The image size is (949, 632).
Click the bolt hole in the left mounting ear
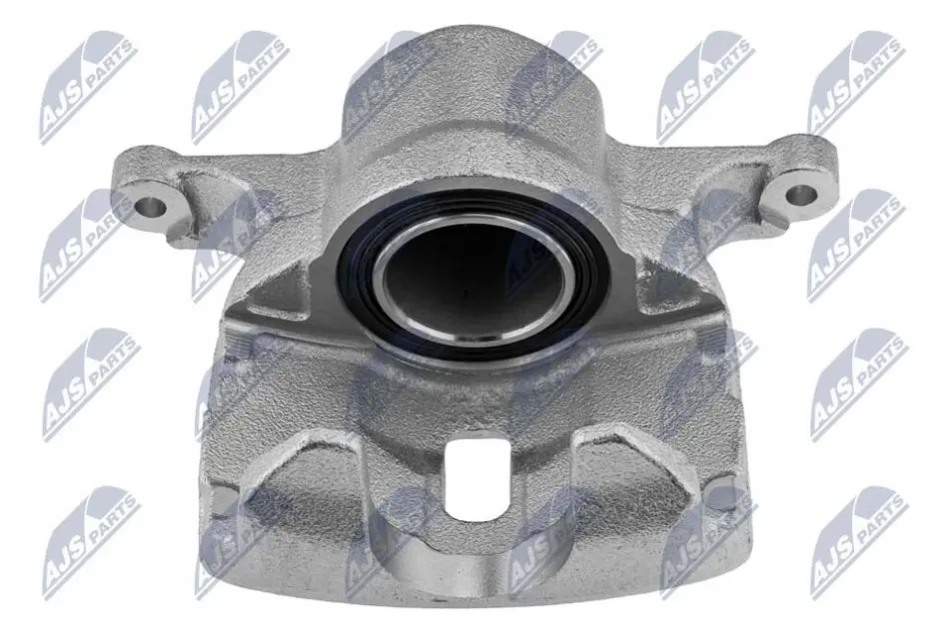coord(150,208)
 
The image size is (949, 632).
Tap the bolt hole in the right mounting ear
coord(801,194)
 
